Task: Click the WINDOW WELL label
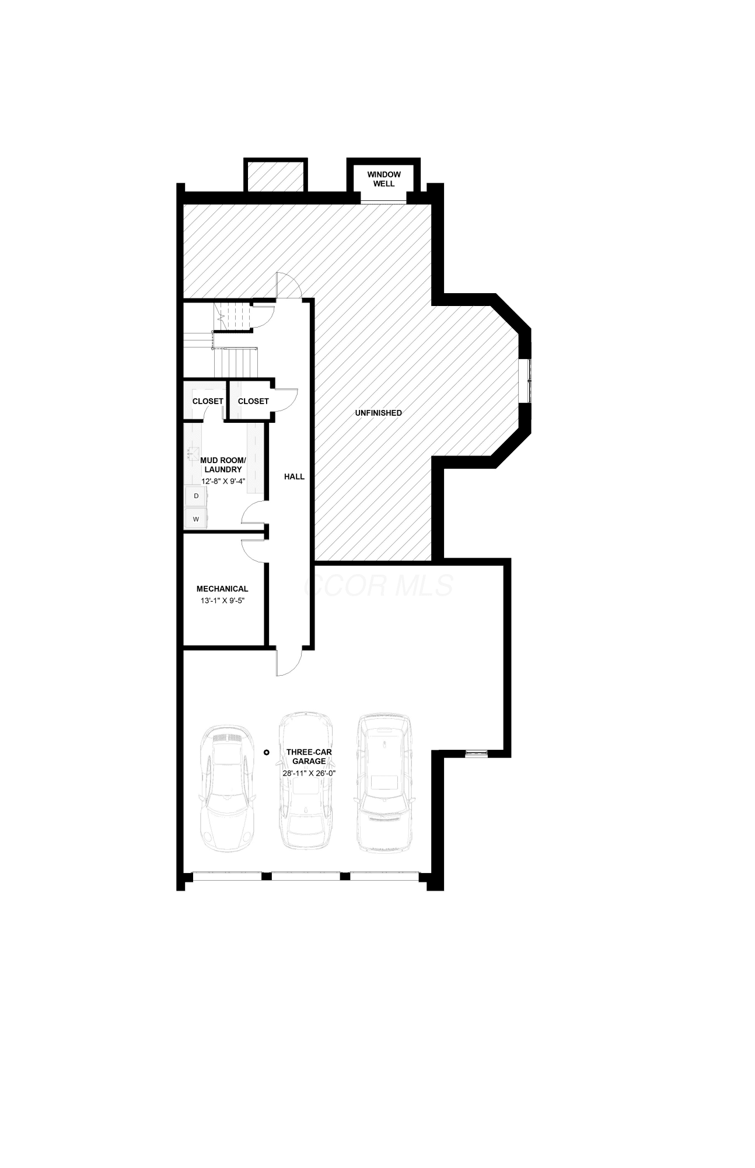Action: (384, 179)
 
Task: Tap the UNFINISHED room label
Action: (379, 413)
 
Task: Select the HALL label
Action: (294, 477)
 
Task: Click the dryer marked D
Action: (196, 496)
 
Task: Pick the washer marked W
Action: (196, 519)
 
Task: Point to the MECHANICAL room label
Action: (222, 589)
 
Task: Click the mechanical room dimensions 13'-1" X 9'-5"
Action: (222, 600)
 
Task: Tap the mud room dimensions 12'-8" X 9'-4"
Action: (223, 481)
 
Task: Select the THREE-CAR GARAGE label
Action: (309, 757)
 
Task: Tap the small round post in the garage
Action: (266, 752)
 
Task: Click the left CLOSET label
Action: (208, 401)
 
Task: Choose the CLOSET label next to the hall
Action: (253, 401)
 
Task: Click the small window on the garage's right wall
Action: (476, 754)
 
